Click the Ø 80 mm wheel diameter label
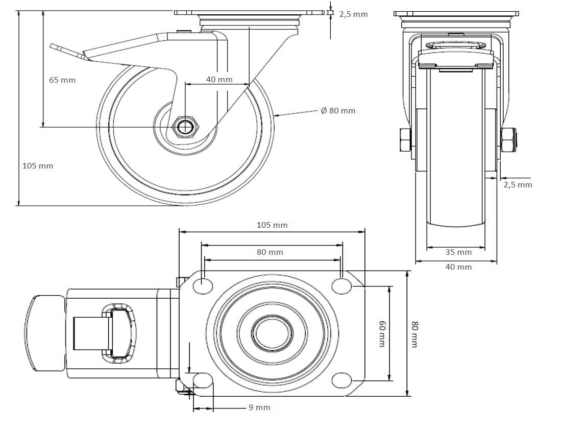click(338, 111)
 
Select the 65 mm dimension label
click(62, 80)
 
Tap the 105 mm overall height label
click(38, 166)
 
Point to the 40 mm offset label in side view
click(219, 79)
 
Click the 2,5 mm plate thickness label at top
click(354, 14)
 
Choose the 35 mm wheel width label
click(458, 252)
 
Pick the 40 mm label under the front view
click(458, 267)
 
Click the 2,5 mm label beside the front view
click(518, 185)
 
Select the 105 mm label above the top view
click(272, 225)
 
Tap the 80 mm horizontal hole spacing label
click(270, 252)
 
